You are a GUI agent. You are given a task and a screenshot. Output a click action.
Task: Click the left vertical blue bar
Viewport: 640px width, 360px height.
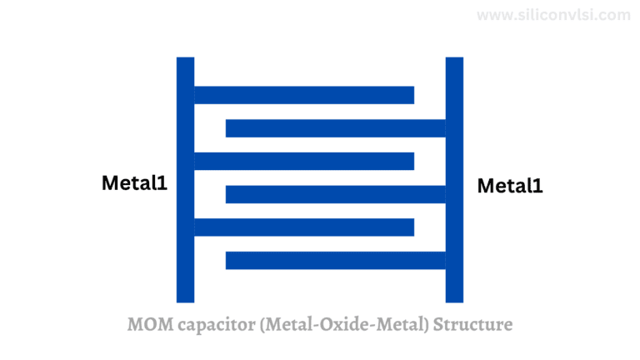(185, 180)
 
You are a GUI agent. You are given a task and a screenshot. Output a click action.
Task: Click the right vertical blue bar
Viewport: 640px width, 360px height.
(454, 180)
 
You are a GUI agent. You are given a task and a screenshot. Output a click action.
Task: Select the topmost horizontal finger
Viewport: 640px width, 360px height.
(304, 95)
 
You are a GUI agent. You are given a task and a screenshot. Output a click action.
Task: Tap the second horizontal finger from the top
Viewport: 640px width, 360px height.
(336, 128)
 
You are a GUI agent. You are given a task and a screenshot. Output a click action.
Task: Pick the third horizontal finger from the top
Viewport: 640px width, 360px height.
(304, 161)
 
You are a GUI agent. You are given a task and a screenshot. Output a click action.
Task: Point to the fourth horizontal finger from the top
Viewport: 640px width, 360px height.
(336, 194)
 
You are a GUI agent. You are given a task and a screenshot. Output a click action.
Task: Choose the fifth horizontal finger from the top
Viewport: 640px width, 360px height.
(304, 227)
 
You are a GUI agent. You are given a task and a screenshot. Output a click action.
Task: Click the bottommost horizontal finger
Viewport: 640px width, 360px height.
(336, 260)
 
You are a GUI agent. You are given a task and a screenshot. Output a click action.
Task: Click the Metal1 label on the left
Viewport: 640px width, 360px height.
(134, 182)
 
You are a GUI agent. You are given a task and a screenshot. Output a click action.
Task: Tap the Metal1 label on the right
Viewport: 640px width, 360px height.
(510, 186)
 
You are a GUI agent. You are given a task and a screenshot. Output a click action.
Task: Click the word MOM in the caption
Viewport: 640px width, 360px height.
(150, 324)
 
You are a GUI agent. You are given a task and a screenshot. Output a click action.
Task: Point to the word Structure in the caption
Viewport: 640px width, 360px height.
(472, 324)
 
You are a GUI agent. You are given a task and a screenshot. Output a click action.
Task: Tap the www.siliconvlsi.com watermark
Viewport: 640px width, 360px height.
(553, 15)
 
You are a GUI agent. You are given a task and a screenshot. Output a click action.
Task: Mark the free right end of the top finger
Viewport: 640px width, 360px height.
(414, 95)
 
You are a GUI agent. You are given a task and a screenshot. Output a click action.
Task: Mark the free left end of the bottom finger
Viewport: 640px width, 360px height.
(226, 260)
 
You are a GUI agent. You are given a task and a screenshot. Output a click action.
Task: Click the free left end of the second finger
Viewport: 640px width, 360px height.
(226, 128)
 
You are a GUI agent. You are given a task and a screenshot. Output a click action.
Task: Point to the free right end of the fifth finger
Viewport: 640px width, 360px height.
(414, 227)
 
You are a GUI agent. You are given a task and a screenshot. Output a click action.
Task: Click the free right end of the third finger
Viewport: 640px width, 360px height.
(414, 161)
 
